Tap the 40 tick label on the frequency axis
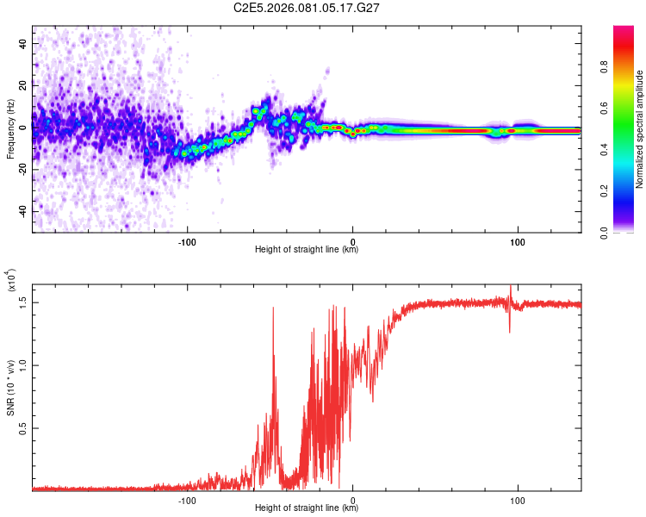point(24,42)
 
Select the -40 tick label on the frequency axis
point(24,211)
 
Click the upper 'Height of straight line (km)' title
point(307,250)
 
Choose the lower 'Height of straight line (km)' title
point(307,508)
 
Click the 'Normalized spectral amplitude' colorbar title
point(640,129)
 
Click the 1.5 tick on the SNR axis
point(24,302)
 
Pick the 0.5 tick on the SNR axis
point(24,428)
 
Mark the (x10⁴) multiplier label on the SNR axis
point(11,281)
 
